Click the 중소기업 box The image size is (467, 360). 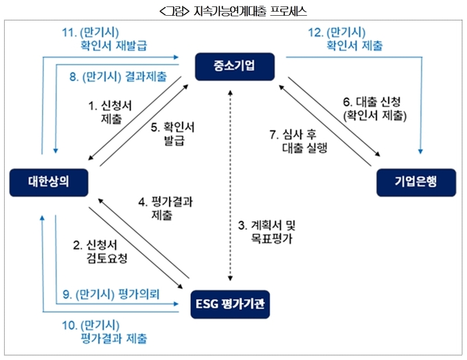(x=235, y=67)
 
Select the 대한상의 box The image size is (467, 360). (x=49, y=182)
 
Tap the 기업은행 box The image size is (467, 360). (x=416, y=182)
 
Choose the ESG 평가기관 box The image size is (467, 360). (x=230, y=304)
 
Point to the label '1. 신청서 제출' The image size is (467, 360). (x=110, y=112)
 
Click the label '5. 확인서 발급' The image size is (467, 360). (x=173, y=133)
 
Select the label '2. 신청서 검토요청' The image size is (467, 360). (x=100, y=251)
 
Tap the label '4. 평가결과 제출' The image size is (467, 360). (x=166, y=208)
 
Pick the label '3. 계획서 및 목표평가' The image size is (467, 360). (x=267, y=232)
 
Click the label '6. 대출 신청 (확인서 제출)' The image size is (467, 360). (x=375, y=109)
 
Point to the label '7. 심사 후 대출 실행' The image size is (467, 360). (x=299, y=141)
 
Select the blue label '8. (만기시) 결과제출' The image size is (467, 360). (x=118, y=76)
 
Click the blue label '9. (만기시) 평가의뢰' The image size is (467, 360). (x=111, y=294)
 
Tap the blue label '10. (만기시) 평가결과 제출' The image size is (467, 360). (x=104, y=332)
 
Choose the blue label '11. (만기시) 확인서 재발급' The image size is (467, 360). (x=104, y=39)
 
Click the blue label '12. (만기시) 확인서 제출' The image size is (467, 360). (x=345, y=39)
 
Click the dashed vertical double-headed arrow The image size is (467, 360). (x=230, y=185)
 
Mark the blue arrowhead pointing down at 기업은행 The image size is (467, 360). (x=420, y=151)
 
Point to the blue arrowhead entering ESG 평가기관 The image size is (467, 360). (x=176, y=304)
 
